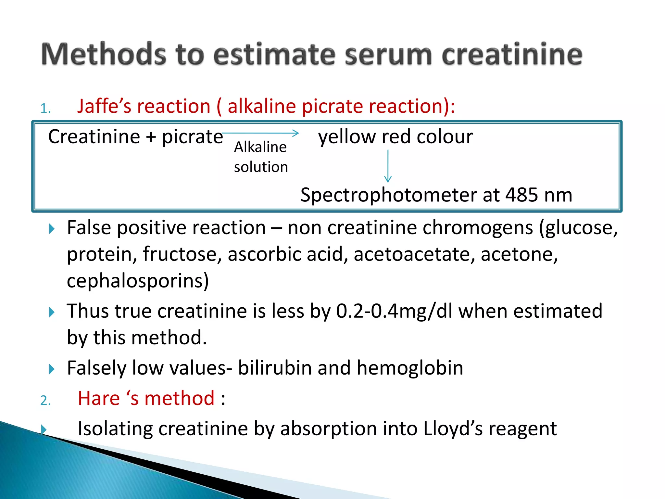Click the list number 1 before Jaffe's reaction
[45, 109]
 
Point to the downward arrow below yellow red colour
[388, 166]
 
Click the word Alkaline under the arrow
[260, 147]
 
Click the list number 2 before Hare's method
[45, 400]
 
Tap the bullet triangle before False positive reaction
[51, 229]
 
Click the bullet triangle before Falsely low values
[51, 369]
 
